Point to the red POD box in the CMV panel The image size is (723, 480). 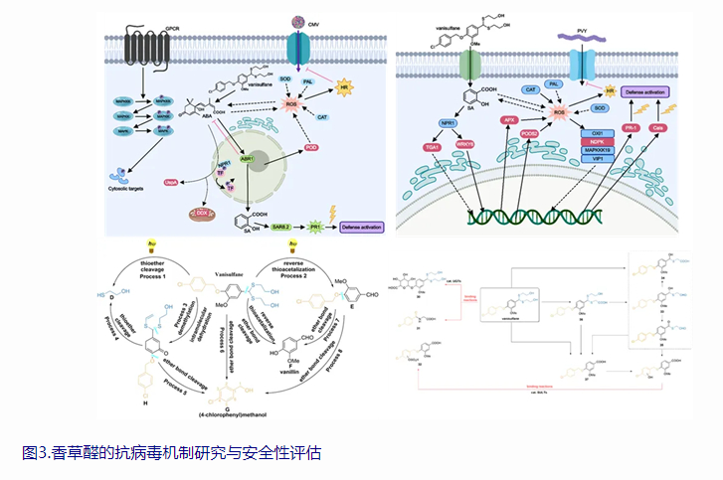[x=310, y=147]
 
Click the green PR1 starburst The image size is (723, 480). [x=315, y=227]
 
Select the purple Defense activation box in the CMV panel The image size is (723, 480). [x=363, y=227]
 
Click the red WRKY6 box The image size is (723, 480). [x=464, y=145]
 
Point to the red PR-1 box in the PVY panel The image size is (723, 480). [x=630, y=128]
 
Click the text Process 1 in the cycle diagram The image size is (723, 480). [x=170, y=276]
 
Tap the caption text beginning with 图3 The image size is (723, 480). [x=170, y=452]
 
